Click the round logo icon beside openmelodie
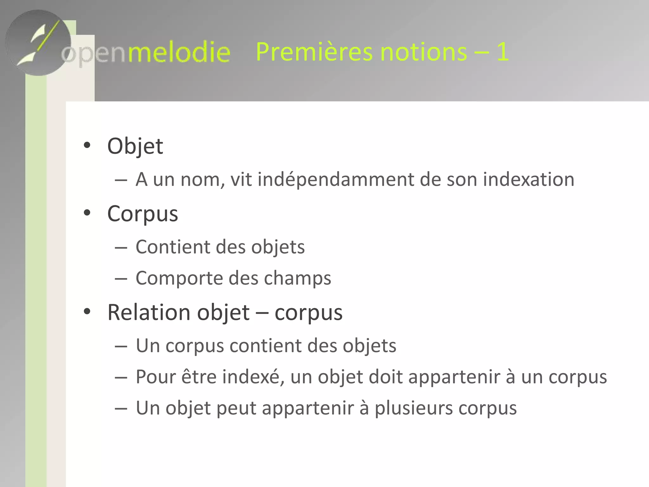click(38, 43)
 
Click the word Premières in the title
click(314, 52)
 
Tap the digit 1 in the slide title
click(503, 52)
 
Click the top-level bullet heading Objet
click(135, 146)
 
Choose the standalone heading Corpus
click(143, 214)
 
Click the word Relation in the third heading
click(149, 313)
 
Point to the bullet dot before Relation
click(87, 312)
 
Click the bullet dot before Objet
click(87, 146)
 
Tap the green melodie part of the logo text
click(179, 52)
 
